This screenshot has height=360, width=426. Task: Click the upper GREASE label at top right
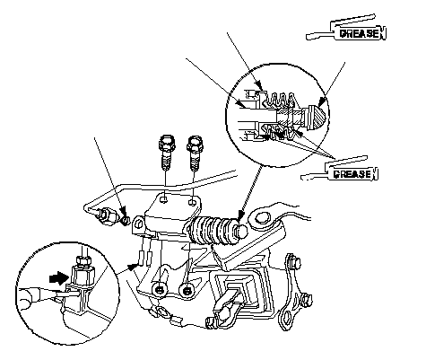(x=361, y=33)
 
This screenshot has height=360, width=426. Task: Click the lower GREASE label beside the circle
(x=352, y=174)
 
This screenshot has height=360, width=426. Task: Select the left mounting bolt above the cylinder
(x=167, y=153)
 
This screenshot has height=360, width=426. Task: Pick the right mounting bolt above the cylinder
(x=195, y=154)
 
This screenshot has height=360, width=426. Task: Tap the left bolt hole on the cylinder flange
(x=163, y=199)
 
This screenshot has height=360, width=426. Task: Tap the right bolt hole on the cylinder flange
(x=193, y=201)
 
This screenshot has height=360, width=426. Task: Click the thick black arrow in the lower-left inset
(x=58, y=278)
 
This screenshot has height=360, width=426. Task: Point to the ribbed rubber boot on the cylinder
(x=212, y=230)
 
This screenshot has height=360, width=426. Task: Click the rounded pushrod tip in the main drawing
(x=241, y=232)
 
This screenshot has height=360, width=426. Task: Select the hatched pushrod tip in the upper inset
(x=315, y=118)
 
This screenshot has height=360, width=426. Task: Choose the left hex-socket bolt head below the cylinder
(x=160, y=290)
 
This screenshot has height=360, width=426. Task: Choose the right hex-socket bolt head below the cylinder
(x=187, y=290)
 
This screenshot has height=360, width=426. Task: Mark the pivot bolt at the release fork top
(x=262, y=217)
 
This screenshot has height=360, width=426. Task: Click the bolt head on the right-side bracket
(x=296, y=263)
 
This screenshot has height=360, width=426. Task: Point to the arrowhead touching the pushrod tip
(x=241, y=215)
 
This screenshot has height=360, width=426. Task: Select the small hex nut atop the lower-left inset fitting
(x=83, y=262)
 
